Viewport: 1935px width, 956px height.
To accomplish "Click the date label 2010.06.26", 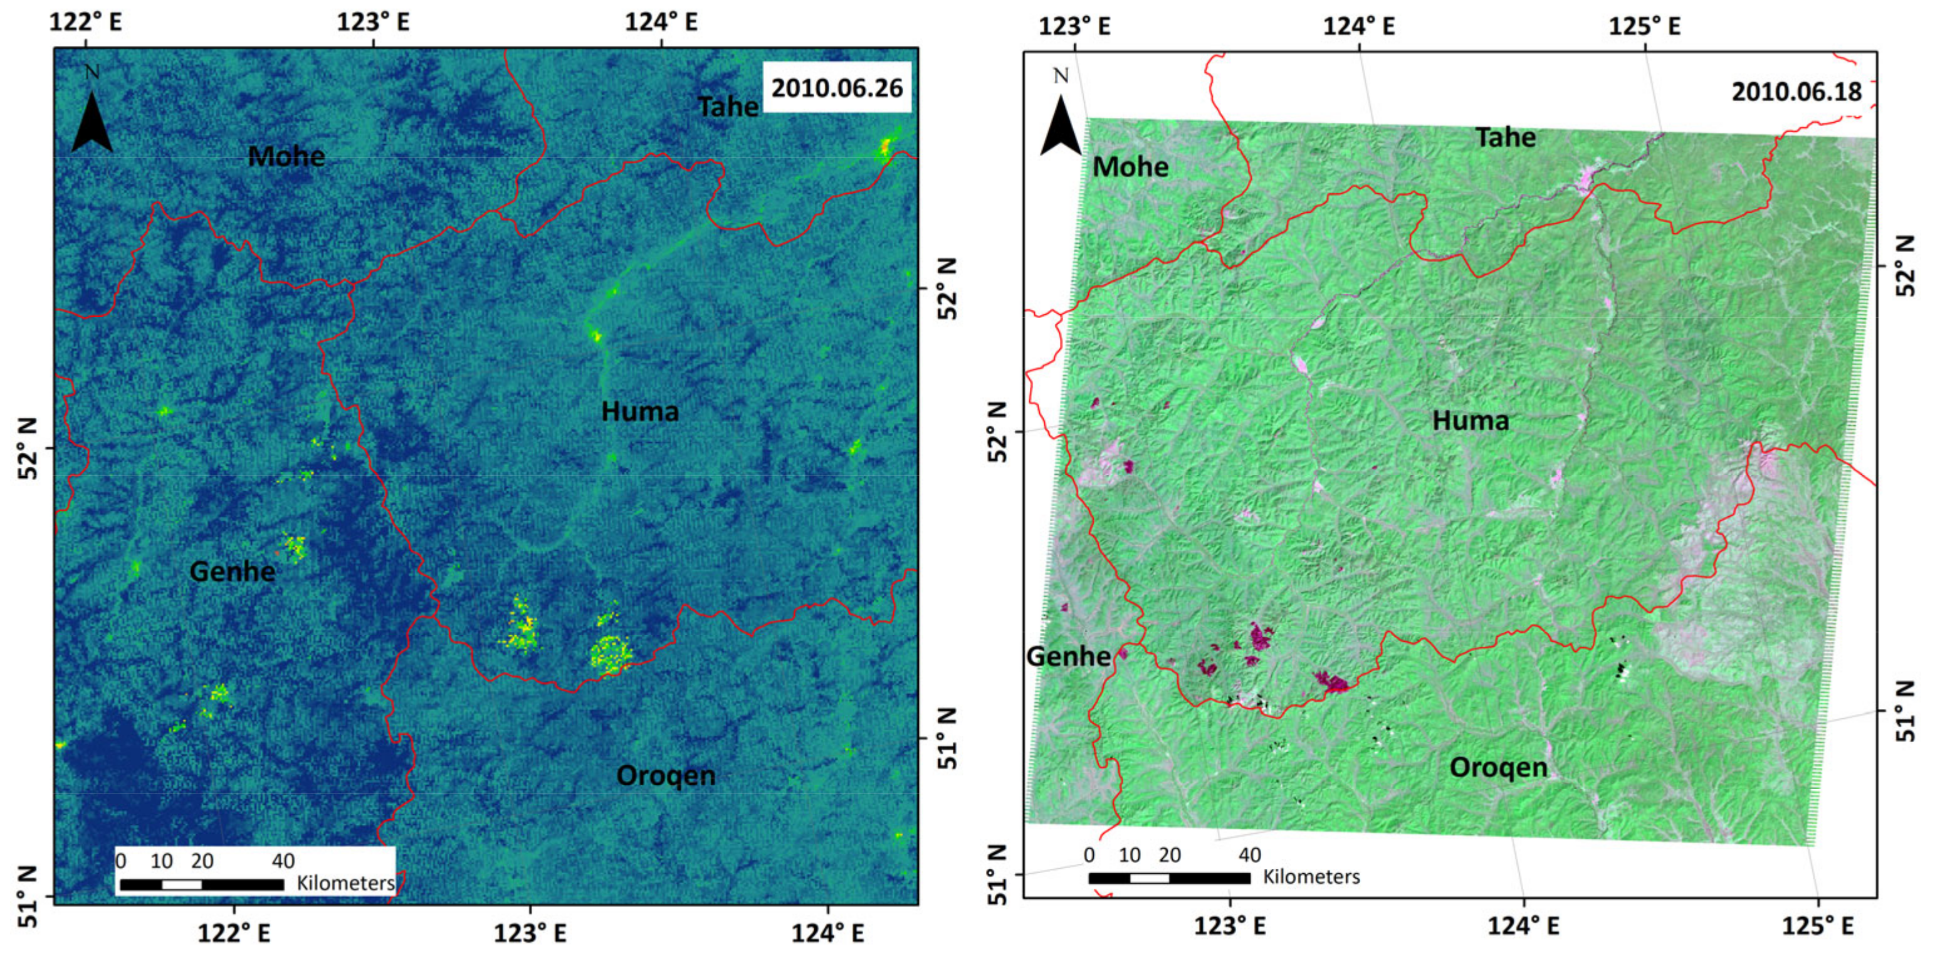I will (837, 88).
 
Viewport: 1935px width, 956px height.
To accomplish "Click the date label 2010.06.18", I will (1796, 92).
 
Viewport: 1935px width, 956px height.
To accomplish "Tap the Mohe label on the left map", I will (286, 156).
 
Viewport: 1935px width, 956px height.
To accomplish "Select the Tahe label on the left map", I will (727, 107).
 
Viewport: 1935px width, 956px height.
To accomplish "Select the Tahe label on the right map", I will (1506, 137).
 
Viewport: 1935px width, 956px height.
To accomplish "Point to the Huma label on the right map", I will (1470, 421).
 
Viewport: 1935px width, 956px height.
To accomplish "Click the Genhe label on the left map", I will (232, 572).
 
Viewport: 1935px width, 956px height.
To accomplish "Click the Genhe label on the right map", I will (1068, 656).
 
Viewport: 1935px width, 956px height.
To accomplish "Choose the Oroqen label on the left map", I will (666, 775).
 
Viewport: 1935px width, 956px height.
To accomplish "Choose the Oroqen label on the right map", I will (1498, 767).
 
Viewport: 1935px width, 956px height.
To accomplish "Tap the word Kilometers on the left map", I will (345, 883).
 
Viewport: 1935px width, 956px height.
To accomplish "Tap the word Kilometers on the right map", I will (1311, 876).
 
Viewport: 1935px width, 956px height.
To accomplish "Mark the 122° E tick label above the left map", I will (86, 22).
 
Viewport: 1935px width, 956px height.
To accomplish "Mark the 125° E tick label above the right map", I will (1644, 26).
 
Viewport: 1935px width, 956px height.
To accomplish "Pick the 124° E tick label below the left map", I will (827, 933).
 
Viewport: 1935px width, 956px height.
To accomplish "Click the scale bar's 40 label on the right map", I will (1249, 855).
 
